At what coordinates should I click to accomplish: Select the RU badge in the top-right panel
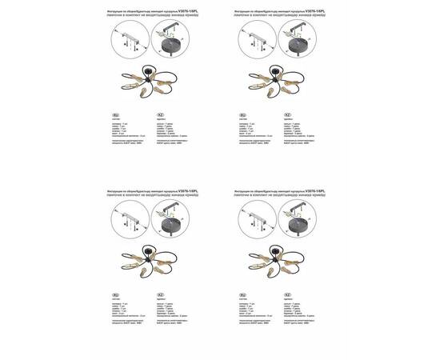[242, 115]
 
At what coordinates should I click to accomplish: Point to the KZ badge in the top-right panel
[286, 115]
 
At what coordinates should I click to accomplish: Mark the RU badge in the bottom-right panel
[242, 295]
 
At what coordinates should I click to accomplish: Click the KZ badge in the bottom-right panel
[286, 295]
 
